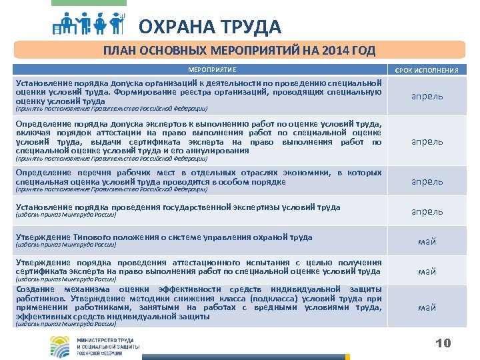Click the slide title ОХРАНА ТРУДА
(210, 27)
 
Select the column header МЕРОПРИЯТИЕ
(212, 69)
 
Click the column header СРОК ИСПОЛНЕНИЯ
(427, 70)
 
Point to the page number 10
(443, 343)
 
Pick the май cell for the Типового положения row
(427, 241)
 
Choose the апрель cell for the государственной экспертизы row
(427, 211)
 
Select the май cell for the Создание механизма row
(427, 307)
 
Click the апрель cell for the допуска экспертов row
(427, 141)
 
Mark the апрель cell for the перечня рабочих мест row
(427, 181)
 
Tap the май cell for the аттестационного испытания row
(427, 271)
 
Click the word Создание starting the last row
(35, 289)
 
